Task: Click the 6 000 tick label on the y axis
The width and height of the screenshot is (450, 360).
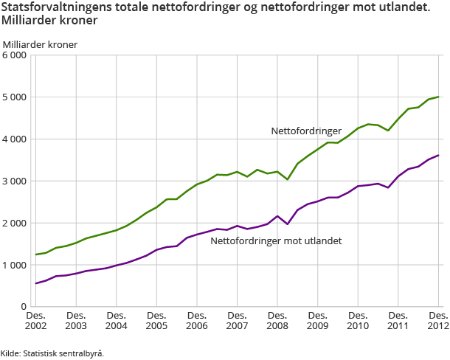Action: [x=15, y=55]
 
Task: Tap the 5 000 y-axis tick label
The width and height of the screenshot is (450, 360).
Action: [x=15, y=97]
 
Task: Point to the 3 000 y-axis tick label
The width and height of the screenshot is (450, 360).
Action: [x=15, y=181]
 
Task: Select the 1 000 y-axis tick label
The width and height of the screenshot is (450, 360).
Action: [x=15, y=265]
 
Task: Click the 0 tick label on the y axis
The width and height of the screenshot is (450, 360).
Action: [x=24, y=306]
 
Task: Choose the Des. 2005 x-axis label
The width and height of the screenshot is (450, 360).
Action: [x=156, y=319]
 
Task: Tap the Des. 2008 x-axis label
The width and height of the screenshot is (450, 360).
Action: [x=277, y=319]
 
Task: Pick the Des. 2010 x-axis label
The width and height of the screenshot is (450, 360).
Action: [x=358, y=319]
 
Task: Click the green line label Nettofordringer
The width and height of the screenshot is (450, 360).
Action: [x=306, y=131]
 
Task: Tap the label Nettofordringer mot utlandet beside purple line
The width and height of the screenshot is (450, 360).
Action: [x=276, y=240]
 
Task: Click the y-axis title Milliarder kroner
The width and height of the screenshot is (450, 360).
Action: [x=40, y=44]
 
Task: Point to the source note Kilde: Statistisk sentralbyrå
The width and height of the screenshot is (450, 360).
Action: [x=52, y=353]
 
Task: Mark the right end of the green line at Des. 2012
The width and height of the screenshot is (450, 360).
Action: [x=439, y=97]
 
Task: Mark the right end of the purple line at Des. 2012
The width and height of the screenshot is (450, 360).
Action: [x=439, y=155]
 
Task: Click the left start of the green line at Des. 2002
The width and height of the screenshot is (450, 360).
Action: [x=35, y=255]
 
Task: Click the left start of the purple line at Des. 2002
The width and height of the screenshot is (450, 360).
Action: [x=35, y=283]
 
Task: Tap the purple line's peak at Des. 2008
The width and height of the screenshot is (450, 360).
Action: [x=277, y=216]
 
